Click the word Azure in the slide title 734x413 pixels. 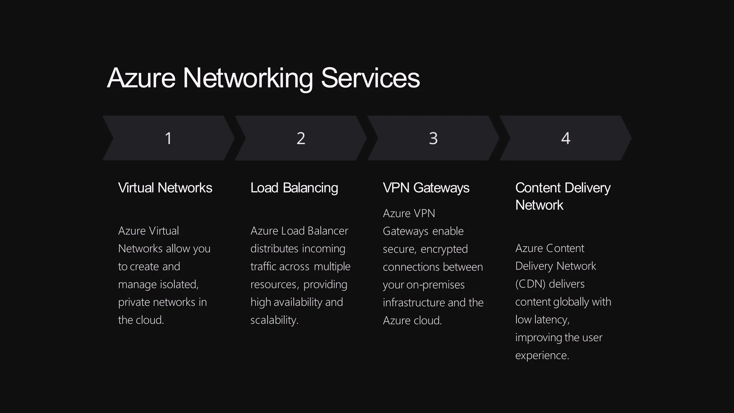[141, 78]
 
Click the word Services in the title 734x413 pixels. [370, 78]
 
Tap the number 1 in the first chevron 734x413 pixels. [168, 138]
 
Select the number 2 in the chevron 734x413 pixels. [301, 138]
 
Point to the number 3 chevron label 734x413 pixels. [433, 138]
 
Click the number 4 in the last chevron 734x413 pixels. [566, 138]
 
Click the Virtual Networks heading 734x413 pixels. [165, 188]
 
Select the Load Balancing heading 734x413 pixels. [294, 188]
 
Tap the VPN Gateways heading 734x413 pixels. [426, 188]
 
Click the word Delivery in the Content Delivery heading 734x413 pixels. [588, 188]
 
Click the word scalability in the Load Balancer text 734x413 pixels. [274, 320]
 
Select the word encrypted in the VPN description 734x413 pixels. [444, 249]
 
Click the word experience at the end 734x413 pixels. [542, 355]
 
